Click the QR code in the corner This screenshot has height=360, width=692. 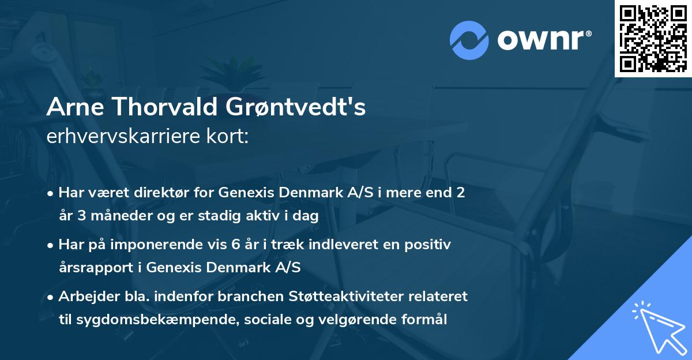pos(652,38)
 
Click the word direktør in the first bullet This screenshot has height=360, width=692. pos(157,193)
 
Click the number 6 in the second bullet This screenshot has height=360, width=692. pos(235,245)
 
